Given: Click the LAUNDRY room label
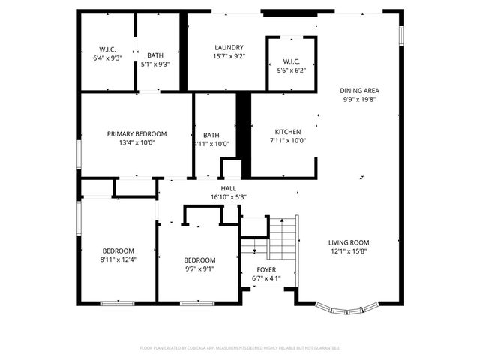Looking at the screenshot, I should coord(229,47).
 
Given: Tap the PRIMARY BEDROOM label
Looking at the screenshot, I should coord(136,133).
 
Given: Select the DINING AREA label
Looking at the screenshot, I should coord(361,90).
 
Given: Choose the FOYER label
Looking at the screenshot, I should coord(265,269).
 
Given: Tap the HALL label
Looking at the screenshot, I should coord(228,188).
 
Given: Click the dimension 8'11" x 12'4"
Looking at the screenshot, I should coord(118,259).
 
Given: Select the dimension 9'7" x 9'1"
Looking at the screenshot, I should coord(199,268).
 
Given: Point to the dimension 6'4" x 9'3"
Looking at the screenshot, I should coord(107,58).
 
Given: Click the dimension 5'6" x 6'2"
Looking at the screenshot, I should coord(292,70).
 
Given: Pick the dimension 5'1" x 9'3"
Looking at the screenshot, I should coord(155,64).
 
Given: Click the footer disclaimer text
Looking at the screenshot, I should coord(240,348).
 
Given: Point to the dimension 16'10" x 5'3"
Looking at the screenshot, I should coord(228,197).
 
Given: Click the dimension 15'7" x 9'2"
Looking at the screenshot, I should coord(229,56).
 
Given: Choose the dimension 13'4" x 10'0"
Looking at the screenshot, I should coord(136,142).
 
